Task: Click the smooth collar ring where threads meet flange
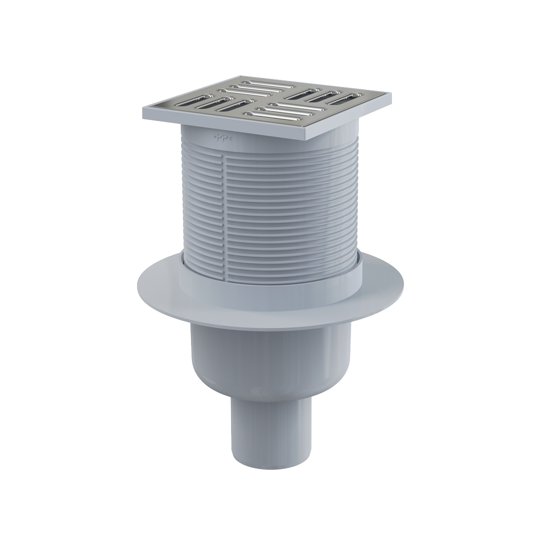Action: (x=271, y=274)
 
